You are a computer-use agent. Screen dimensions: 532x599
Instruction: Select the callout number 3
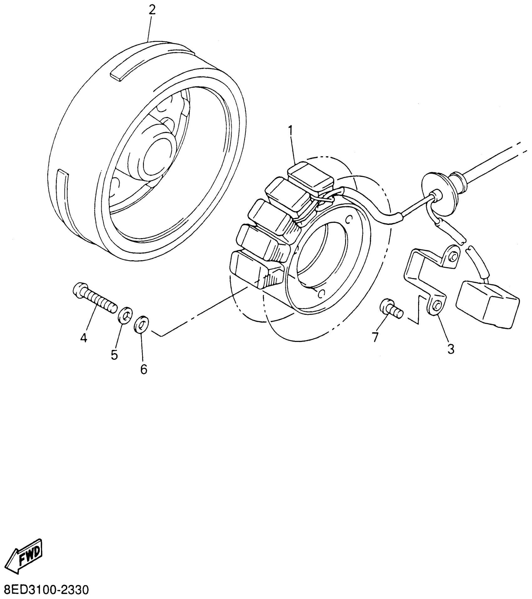pos(451,349)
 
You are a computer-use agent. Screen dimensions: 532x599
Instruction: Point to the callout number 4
pos(83,338)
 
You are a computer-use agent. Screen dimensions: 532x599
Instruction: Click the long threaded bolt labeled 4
pos(93,298)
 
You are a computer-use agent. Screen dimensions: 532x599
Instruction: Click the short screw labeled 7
pos(390,309)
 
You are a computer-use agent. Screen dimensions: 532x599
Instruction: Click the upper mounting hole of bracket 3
pos(453,256)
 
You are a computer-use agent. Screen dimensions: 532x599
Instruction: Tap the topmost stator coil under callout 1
pos(311,176)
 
